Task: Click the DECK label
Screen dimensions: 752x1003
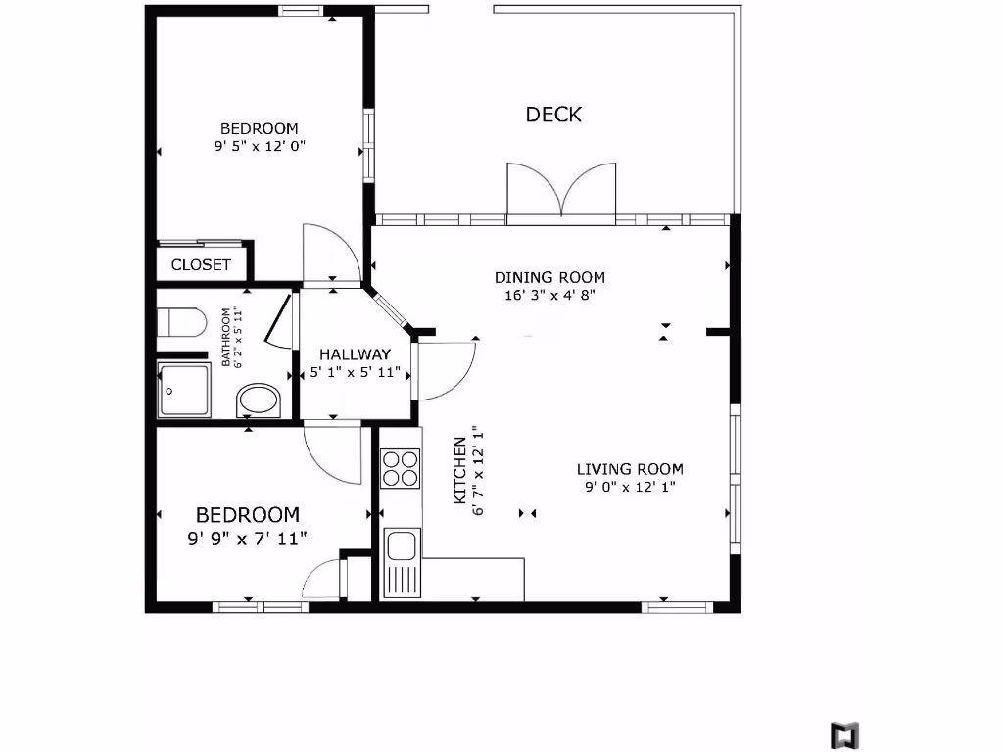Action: pyautogui.click(x=553, y=115)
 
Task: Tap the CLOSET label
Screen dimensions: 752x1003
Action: pyautogui.click(x=201, y=264)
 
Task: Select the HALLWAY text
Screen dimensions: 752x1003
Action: pyautogui.click(x=356, y=354)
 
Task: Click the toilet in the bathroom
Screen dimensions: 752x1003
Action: pyautogui.click(x=182, y=322)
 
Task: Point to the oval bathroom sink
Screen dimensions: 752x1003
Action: pyautogui.click(x=259, y=400)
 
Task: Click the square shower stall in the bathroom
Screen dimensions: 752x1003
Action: pyautogui.click(x=183, y=390)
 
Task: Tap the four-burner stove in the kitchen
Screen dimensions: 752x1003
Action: pyautogui.click(x=400, y=467)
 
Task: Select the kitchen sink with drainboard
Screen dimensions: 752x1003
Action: pyautogui.click(x=402, y=562)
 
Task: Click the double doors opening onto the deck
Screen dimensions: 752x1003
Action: pyautogui.click(x=561, y=190)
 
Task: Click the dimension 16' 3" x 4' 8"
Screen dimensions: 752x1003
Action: pyautogui.click(x=549, y=294)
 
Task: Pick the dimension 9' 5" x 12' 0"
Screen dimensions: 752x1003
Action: pyautogui.click(x=260, y=146)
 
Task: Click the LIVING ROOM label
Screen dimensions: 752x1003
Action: pyautogui.click(x=629, y=469)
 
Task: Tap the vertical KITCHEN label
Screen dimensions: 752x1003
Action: pyautogui.click(x=459, y=471)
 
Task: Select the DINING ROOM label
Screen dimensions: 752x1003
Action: pyautogui.click(x=549, y=277)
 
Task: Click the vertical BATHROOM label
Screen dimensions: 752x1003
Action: pyautogui.click(x=226, y=337)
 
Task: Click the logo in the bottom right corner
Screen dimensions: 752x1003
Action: pyautogui.click(x=844, y=734)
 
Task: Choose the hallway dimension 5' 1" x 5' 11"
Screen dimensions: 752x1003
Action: pyautogui.click(x=356, y=372)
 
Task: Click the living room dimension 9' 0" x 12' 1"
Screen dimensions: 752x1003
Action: pyautogui.click(x=629, y=486)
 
